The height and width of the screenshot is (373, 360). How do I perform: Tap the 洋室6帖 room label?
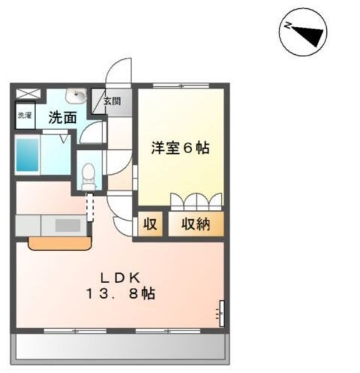pyautogui.click(x=180, y=149)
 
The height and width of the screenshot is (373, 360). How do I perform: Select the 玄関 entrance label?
pyautogui.click(x=112, y=101)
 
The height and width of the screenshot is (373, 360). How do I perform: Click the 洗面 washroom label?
pyautogui.click(x=62, y=117)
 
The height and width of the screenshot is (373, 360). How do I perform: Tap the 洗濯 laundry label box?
pyautogui.click(x=24, y=115)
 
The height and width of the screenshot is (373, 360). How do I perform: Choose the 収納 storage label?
pyautogui.click(x=195, y=224)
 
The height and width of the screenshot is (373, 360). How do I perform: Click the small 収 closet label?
pyautogui.click(x=150, y=224)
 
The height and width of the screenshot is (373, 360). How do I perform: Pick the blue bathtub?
pyautogui.click(x=27, y=154)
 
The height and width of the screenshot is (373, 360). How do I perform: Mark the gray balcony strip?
pyautogui.click(x=121, y=347)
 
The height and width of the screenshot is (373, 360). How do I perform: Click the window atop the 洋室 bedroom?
pyautogui.click(x=181, y=86)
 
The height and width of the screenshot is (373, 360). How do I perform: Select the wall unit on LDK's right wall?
pyautogui.click(x=221, y=313)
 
